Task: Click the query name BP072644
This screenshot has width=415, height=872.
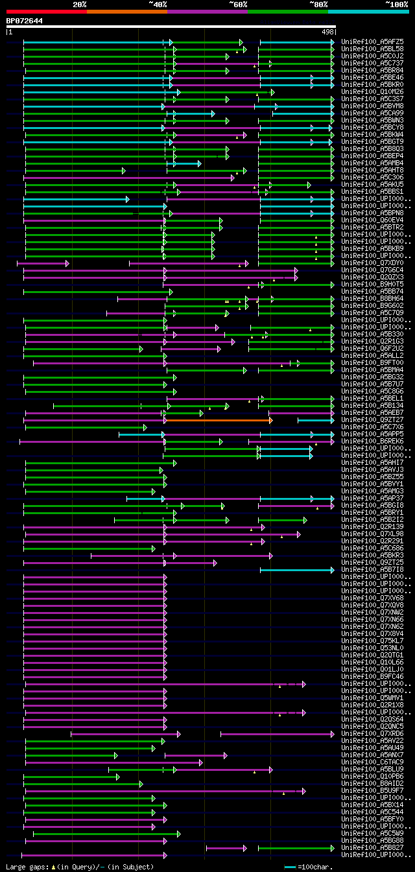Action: point(25,21)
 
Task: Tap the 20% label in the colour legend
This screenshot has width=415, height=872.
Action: point(80,4)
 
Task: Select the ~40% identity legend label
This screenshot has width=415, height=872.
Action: point(158,4)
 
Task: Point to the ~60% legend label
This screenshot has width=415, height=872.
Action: point(238,4)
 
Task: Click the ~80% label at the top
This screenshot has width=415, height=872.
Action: point(318,4)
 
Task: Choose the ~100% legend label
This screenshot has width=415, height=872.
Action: point(397,4)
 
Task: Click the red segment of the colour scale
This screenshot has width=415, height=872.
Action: point(46,11)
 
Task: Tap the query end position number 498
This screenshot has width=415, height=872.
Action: point(327,31)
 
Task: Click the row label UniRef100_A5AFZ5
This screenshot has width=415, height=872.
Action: point(373,41)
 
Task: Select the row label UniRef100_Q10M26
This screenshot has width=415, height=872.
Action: point(373,91)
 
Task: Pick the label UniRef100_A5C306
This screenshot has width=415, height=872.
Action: point(373,177)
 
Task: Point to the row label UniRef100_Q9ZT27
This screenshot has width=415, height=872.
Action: point(373,419)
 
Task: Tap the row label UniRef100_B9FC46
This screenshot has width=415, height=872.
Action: point(373,676)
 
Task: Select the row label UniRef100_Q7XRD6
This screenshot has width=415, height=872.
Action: point(373,733)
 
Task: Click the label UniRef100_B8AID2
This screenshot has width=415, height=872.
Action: point(373,783)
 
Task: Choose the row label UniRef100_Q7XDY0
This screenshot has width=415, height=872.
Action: point(373,263)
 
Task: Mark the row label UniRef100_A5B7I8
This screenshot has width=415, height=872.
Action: point(373,569)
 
